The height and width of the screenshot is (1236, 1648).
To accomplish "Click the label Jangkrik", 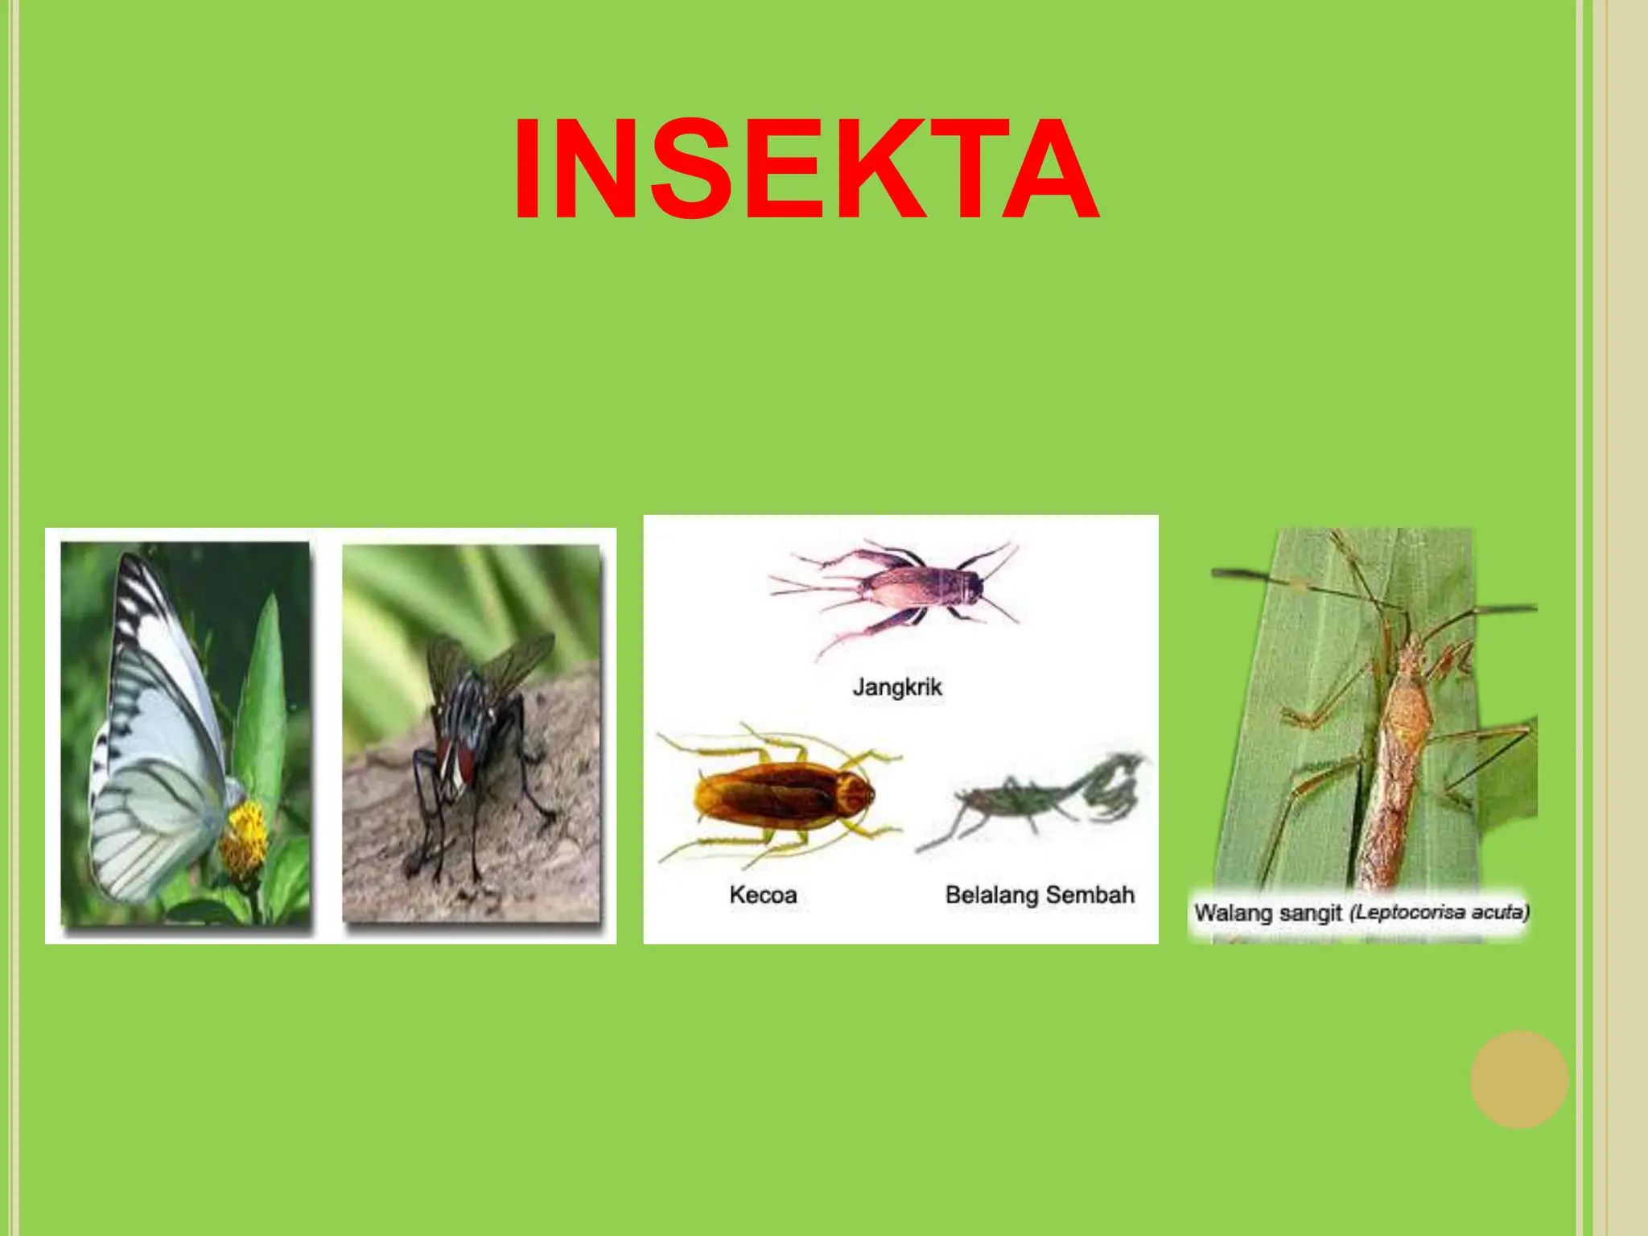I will (896, 688).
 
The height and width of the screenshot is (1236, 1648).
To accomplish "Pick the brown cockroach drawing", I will (781, 797).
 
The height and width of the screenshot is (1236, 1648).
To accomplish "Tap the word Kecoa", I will (763, 895).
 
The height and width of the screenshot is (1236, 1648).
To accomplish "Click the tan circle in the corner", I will (1519, 1079).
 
